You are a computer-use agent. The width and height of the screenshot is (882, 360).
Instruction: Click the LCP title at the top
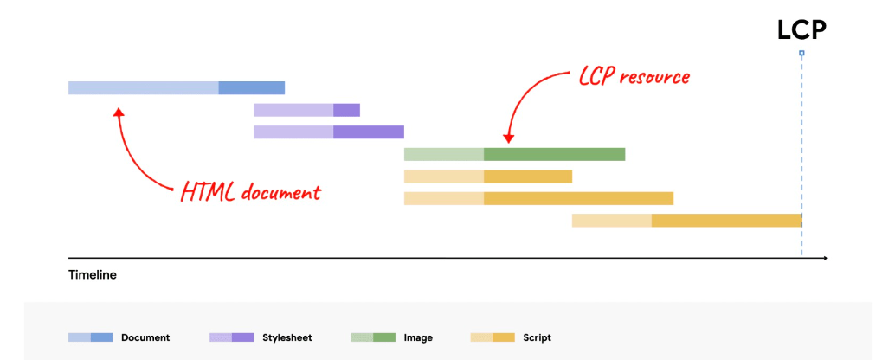coord(802,29)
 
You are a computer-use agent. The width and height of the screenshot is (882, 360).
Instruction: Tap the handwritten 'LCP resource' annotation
coord(634,77)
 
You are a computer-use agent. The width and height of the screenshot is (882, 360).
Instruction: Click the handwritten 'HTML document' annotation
coord(250,191)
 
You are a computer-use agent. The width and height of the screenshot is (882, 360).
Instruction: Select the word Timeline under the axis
coord(92,275)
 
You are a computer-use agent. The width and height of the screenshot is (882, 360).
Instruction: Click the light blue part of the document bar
coord(143,87)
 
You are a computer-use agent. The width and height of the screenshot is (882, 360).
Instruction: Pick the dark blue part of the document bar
coord(251,87)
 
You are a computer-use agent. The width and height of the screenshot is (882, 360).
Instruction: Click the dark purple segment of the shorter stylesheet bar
coord(346,110)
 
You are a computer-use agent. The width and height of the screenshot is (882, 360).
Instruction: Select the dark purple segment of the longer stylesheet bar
coord(369,132)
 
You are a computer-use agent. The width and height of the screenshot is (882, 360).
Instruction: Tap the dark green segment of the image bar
coord(554,154)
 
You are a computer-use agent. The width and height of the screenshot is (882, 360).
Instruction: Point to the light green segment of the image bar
coord(443,154)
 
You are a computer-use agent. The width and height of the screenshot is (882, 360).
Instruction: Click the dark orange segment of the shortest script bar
coord(528,177)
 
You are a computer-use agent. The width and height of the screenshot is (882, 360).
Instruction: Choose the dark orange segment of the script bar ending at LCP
coord(726,220)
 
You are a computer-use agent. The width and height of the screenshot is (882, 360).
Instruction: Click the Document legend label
coord(145,337)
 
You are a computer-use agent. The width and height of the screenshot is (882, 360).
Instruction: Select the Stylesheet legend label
coord(288,337)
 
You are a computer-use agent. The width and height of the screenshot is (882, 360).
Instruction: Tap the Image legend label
coord(418,337)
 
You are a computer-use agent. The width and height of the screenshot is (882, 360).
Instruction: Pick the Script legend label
coord(537,337)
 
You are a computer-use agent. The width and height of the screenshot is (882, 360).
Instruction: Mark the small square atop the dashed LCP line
coord(802,54)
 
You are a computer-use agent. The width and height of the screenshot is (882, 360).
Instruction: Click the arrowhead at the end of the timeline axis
coord(825,258)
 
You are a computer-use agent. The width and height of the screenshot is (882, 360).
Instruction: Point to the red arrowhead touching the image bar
coord(509,138)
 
